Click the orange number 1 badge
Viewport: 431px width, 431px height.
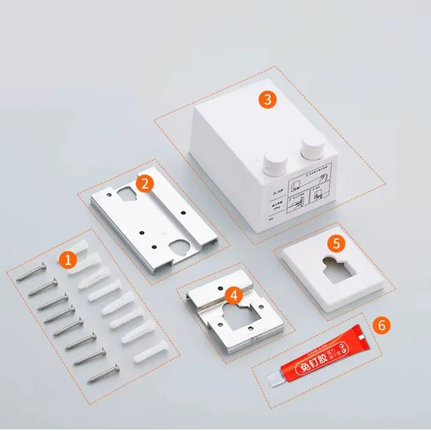pos(68,260)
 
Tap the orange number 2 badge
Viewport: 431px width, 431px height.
pos(144,184)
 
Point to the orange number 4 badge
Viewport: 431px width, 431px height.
pos(232,295)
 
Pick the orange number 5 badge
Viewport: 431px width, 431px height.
pos(336,243)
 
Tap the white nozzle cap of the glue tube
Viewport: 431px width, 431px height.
pos(276,379)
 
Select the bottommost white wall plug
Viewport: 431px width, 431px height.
pos(144,354)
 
